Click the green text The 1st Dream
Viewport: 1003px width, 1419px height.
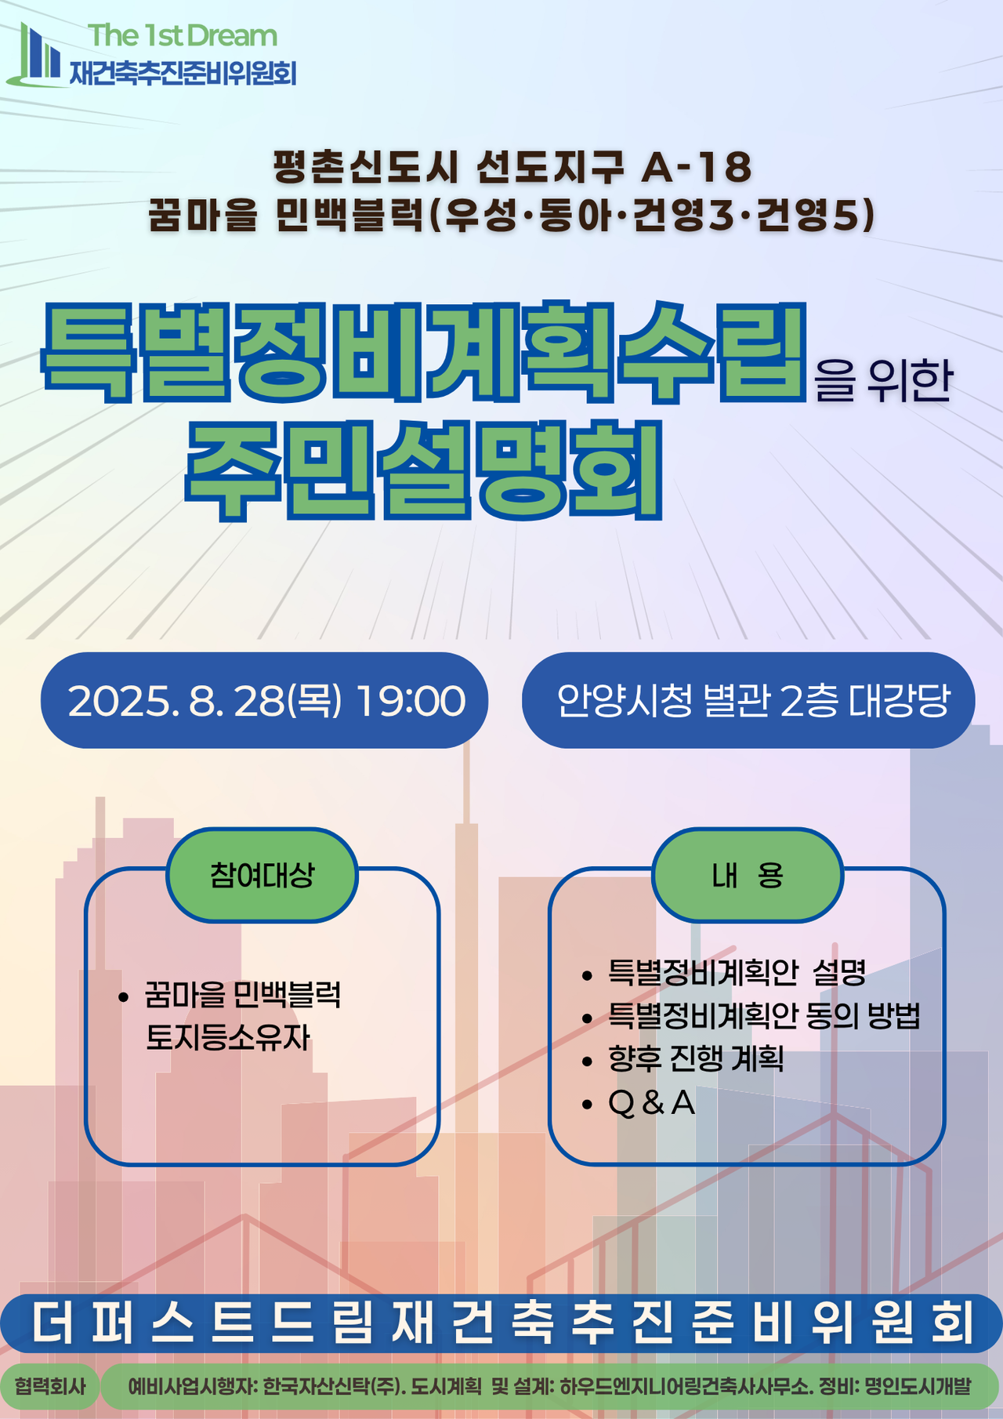183,36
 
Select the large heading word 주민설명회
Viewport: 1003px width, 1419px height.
424,471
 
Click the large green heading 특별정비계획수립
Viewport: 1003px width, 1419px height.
424,351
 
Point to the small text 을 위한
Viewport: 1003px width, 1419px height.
883,381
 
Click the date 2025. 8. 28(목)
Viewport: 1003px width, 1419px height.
205,701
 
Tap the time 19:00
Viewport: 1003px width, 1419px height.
411,701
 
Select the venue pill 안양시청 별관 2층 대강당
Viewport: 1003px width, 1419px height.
748,701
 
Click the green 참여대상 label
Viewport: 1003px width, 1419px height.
262,875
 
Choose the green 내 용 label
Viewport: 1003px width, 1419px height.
748,875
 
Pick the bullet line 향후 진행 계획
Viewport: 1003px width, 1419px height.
696,1059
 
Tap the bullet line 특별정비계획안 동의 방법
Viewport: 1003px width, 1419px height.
764,1016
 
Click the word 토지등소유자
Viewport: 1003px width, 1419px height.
228,1038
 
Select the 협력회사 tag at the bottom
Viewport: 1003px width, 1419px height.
49,1386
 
